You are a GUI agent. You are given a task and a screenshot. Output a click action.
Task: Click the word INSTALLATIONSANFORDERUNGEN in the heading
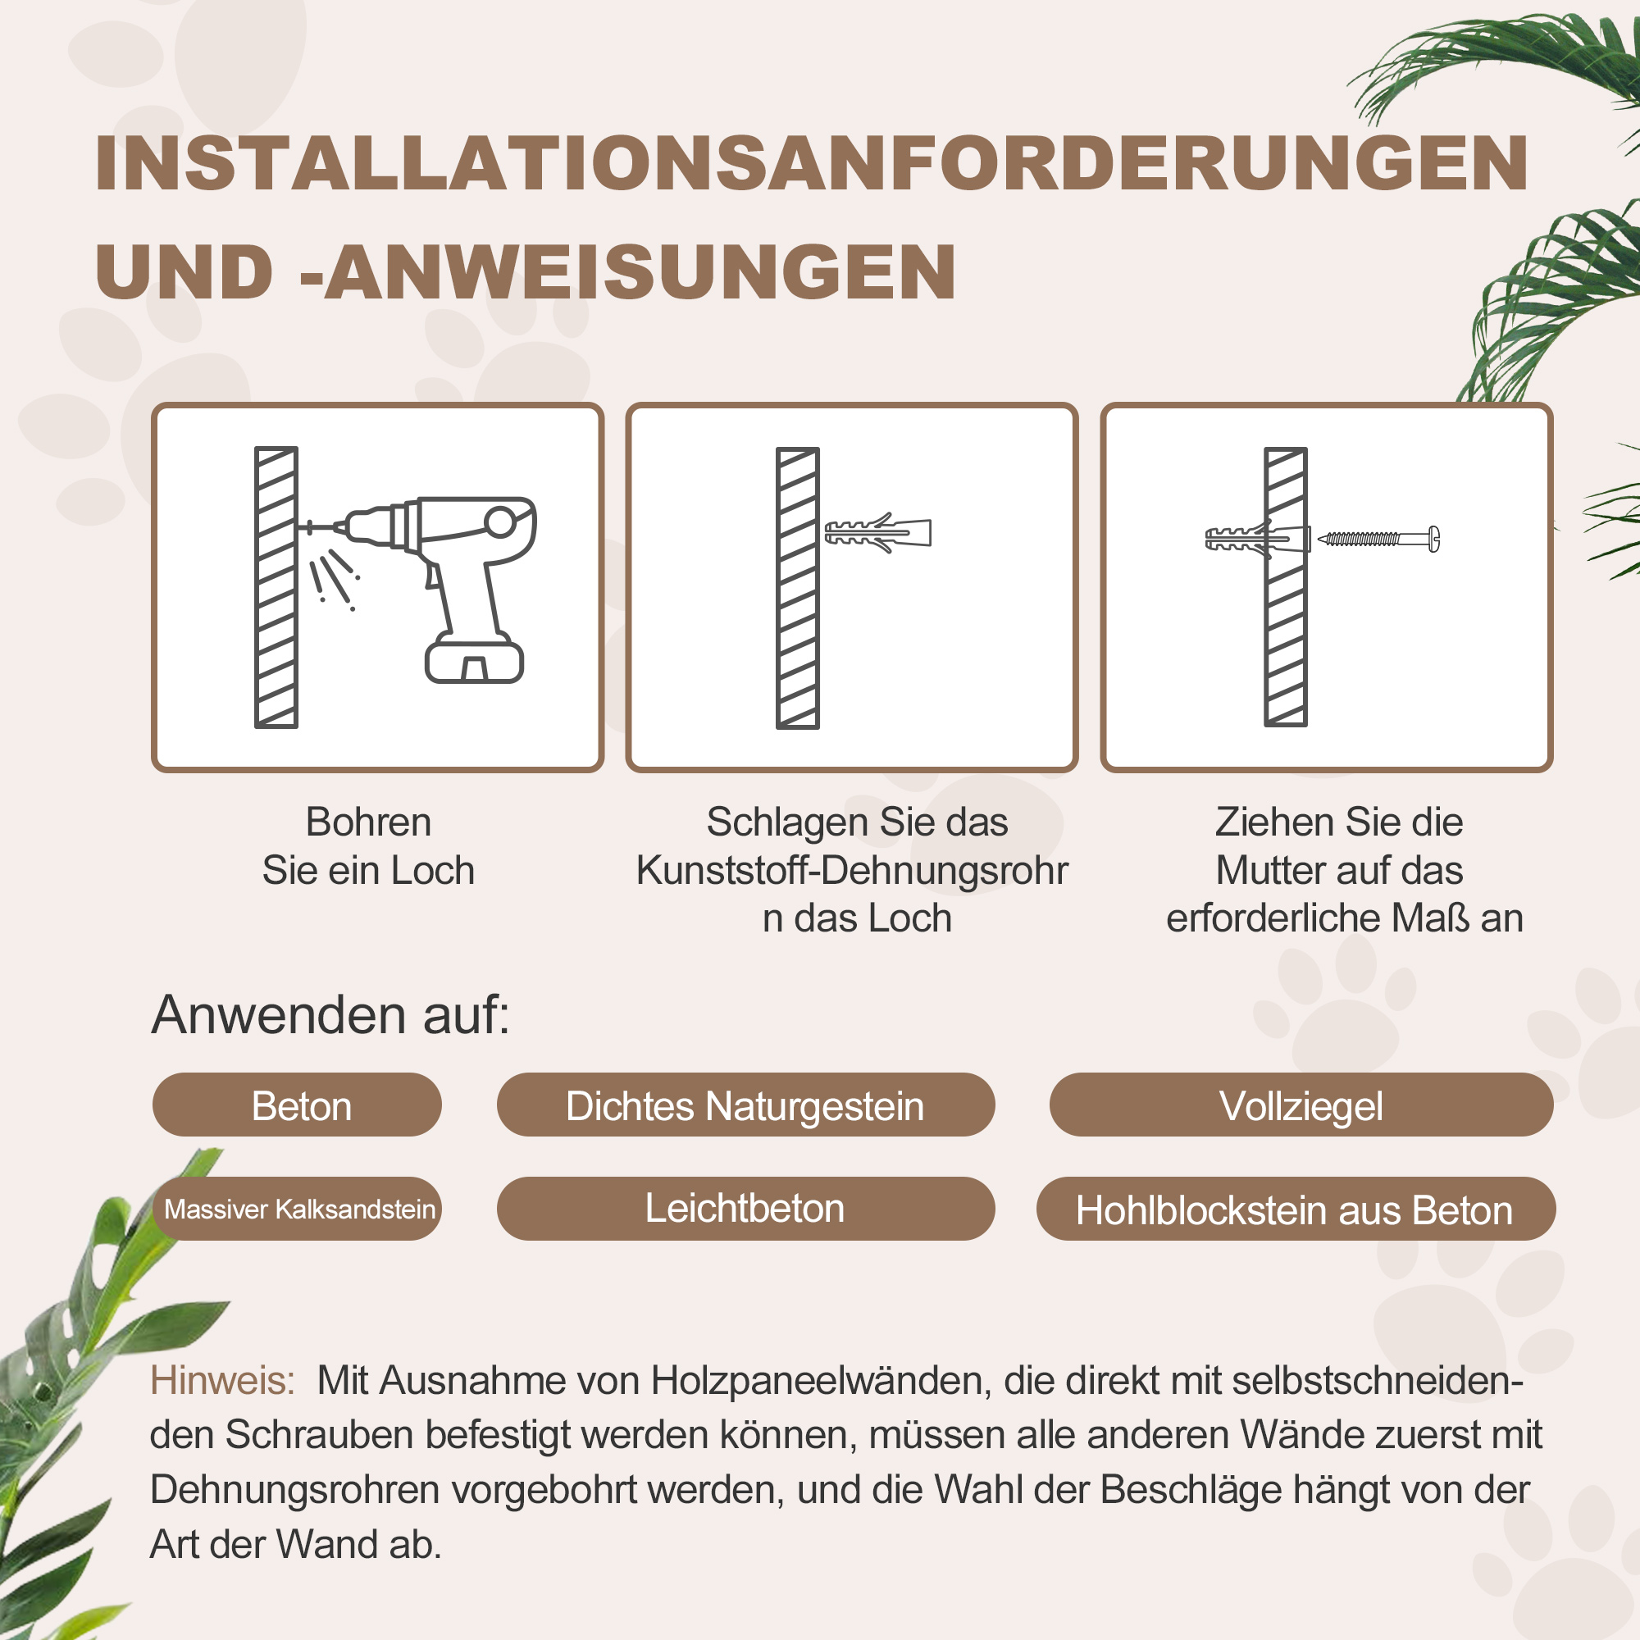[811, 164]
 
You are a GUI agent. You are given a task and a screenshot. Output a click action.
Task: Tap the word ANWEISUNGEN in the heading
[641, 272]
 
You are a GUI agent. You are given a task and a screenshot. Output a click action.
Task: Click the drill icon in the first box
[441, 560]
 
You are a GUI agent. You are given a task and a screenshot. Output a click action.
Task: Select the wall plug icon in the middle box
[878, 532]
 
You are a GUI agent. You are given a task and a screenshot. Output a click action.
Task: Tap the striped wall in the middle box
[797, 587]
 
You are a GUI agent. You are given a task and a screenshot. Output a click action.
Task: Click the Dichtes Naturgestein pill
[745, 1105]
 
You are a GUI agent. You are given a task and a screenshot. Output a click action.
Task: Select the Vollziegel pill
[1301, 1105]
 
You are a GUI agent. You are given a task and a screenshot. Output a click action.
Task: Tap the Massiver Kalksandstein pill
[298, 1209]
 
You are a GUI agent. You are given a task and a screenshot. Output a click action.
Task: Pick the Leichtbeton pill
[745, 1209]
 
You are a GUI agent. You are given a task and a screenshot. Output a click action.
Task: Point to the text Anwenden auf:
[330, 1015]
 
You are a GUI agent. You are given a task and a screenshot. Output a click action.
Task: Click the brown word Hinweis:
[222, 1381]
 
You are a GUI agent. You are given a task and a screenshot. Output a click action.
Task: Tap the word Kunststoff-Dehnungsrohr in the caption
[851, 870]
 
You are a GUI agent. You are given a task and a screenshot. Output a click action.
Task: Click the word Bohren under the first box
[368, 822]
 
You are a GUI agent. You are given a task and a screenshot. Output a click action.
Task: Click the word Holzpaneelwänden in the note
[821, 1381]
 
